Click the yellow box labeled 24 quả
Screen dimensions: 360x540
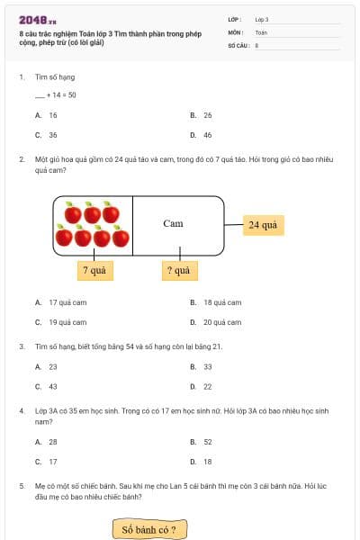pos(262,224)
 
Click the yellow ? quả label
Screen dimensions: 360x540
pos(177,270)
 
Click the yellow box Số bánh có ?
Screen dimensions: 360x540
pos(149,529)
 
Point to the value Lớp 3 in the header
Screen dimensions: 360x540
pos(262,19)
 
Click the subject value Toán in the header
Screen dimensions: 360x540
pos(261,31)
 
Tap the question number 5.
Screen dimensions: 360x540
pos(21,486)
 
